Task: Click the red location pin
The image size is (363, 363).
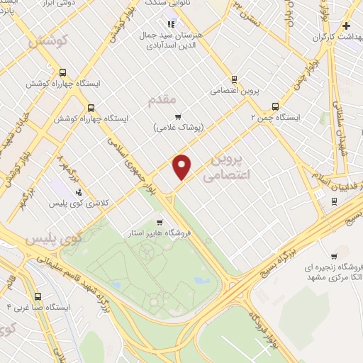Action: [x=182, y=167]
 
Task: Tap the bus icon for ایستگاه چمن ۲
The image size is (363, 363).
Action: [x=276, y=106]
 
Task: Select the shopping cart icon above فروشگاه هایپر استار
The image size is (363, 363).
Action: [x=160, y=221]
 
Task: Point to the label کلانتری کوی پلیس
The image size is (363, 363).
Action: [x=78, y=203]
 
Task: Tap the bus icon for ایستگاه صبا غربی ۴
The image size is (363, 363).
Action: [x=38, y=297]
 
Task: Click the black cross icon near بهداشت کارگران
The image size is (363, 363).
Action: [x=345, y=26]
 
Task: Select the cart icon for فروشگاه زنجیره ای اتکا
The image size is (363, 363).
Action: [x=334, y=256]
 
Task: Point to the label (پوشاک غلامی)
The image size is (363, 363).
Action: [x=178, y=128]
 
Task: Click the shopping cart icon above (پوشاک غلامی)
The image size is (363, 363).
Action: [x=178, y=117]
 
